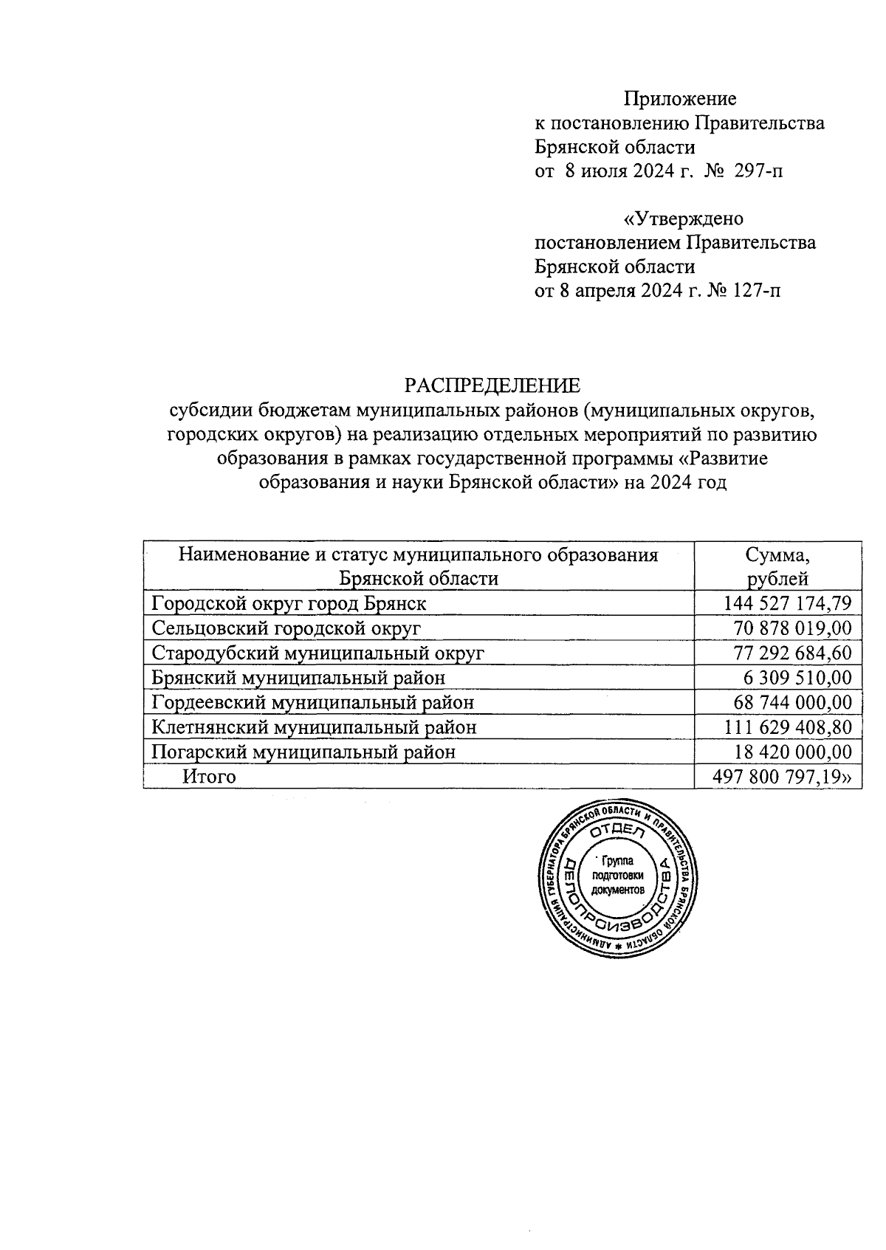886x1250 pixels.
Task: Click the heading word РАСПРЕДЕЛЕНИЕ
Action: pos(492,385)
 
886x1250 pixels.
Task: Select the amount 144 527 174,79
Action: pos(788,604)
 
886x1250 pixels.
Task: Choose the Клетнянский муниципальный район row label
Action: pos(314,727)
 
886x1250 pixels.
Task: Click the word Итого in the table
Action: pos(210,777)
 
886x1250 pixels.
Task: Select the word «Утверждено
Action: pos(684,219)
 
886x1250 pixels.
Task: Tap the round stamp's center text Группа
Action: pos(617,861)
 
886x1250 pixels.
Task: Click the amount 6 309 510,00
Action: pos(797,678)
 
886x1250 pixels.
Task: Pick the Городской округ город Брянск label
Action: pos(289,604)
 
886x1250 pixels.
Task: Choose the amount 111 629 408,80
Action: pos(788,727)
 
